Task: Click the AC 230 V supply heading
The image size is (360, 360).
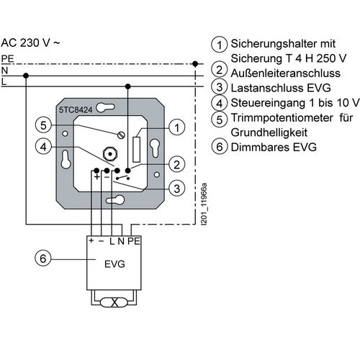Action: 30,43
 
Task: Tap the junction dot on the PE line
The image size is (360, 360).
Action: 195,64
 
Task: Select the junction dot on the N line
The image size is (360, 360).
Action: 26,76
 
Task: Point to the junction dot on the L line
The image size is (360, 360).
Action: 128,86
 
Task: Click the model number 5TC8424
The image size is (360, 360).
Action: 76,110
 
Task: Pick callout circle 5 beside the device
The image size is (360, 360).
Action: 43,125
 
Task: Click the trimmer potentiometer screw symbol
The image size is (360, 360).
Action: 122,135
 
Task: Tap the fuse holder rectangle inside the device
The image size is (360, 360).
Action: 136,150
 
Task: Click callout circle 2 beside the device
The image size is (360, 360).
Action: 177,165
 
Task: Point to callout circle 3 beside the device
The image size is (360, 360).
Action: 177,189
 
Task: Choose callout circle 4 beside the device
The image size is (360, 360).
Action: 43,146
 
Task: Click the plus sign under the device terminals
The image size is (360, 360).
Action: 96,177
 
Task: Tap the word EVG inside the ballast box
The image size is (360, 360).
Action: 114,264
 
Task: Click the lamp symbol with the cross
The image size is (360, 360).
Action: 114,302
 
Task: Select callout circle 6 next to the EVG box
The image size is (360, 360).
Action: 43,258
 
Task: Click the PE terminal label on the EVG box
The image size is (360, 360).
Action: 134,241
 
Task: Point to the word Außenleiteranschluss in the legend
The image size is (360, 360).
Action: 285,73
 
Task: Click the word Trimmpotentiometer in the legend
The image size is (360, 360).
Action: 282,118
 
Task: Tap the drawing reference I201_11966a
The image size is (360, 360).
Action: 204,204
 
